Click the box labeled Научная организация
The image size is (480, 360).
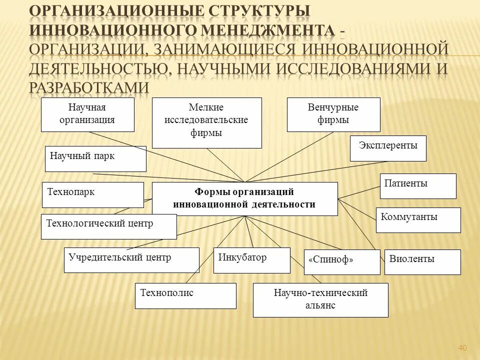click(87, 114)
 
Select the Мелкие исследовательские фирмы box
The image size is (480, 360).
click(206, 122)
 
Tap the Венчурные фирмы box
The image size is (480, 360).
click(333, 114)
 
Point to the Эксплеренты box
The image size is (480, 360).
click(388, 148)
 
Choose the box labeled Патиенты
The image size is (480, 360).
click(418, 186)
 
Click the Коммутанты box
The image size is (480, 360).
click(418, 220)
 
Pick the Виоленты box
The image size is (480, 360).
click(422, 262)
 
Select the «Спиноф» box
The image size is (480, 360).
click(342, 262)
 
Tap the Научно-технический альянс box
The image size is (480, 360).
click(320, 300)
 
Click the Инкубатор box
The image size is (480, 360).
click(251, 260)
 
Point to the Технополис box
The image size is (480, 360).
click(185, 295)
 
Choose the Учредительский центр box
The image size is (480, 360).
click(131, 260)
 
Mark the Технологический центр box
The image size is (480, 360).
click(108, 226)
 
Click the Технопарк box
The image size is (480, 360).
click(92, 195)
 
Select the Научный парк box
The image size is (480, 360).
click(95, 158)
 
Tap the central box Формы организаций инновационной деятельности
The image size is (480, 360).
click(244, 198)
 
